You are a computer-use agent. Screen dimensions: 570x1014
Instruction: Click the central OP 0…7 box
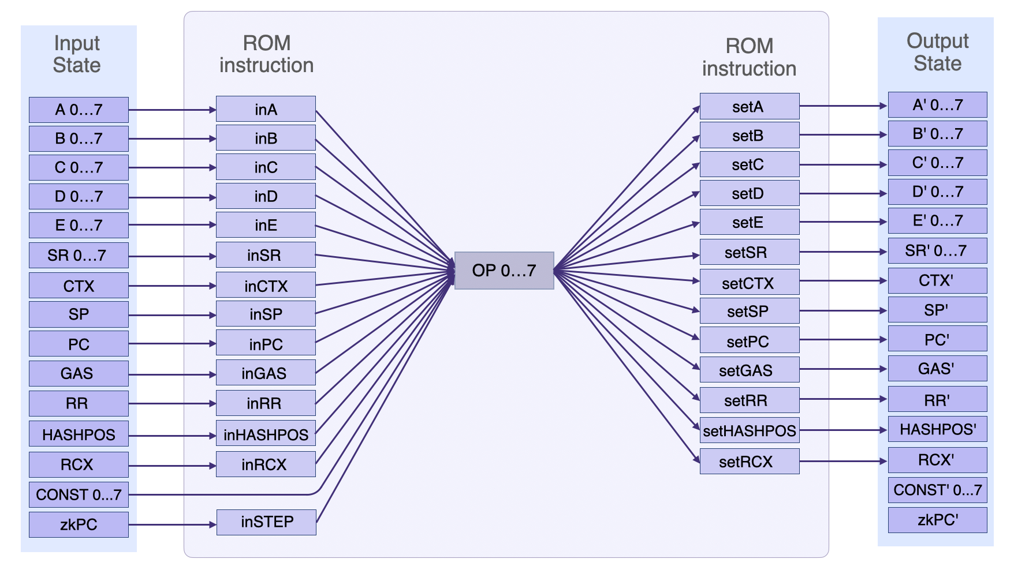click(504, 271)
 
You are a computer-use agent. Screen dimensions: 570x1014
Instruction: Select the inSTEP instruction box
click(266, 522)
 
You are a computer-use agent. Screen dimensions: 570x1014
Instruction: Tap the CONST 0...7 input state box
click(79, 495)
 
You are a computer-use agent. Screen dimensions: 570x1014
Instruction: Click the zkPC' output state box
click(937, 520)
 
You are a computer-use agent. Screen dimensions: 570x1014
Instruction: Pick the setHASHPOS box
click(749, 430)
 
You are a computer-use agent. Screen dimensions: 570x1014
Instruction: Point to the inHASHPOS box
click(266, 434)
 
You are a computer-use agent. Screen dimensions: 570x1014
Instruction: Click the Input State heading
click(77, 54)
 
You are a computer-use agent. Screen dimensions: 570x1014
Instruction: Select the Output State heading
click(937, 52)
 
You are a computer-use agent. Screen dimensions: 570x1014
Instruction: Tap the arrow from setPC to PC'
click(843, 340)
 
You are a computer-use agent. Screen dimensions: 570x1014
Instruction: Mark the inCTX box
click(266, 286)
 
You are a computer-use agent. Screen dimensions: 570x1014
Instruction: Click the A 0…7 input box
click(79, 110)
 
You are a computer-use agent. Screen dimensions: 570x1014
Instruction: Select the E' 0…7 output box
click(937, 221)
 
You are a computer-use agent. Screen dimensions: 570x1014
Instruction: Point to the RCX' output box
click(937, 460)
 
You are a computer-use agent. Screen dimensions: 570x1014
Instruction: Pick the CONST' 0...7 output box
click(937, 490)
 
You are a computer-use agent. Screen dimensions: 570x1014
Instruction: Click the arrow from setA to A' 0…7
click(843, 106)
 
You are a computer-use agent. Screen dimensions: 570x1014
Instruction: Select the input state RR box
click(79, 403)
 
